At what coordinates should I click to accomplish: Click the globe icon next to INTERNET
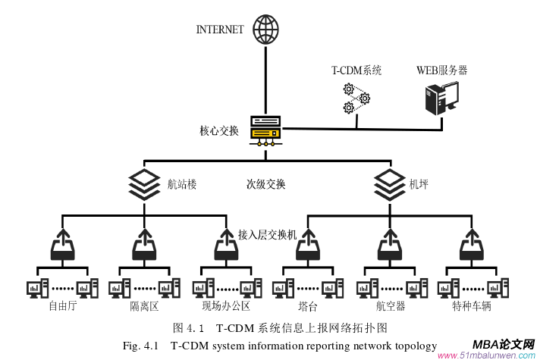pyautogui.click(x=265, y=29)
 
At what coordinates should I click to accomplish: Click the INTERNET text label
pyautogui.click(x=220, y=30)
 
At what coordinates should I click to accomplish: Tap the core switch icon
pyautogui.click(x=265, y=131)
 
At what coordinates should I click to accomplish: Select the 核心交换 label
pyautogui.click(x=219, y=130)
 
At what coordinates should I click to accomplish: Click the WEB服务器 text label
pyautogui.click(x=441, y=70)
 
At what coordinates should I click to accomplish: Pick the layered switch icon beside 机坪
pyautogui.click(x=390, y=183)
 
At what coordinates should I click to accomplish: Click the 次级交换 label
pyautogui.click(x=265, y=183)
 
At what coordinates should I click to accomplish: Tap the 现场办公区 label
pyautogui.click(x=226, y=306)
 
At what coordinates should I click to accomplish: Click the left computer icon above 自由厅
pyautogui.click(x=37, y=289)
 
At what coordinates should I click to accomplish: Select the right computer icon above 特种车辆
pyautogui.click(x=497, y=289)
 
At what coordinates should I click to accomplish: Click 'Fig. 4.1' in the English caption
pyautogui.click(x=140, y=346)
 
